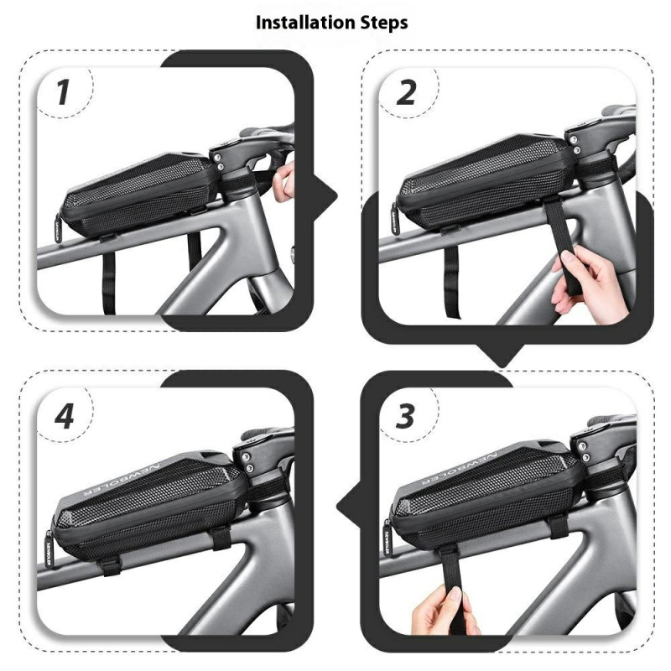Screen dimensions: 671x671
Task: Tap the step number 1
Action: click(64, 92)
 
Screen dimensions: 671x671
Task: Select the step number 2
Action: click(406, 92)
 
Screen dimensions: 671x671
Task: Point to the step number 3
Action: click(405, 416)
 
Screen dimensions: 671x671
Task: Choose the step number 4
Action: click(65, 416)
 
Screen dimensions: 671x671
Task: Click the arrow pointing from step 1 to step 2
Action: click(326, 196)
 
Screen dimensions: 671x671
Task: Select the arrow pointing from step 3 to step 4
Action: click(347, 507)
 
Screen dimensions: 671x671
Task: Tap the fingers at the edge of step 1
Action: click(286, 179)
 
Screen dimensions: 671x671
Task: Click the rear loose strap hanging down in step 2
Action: click(452, 282)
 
